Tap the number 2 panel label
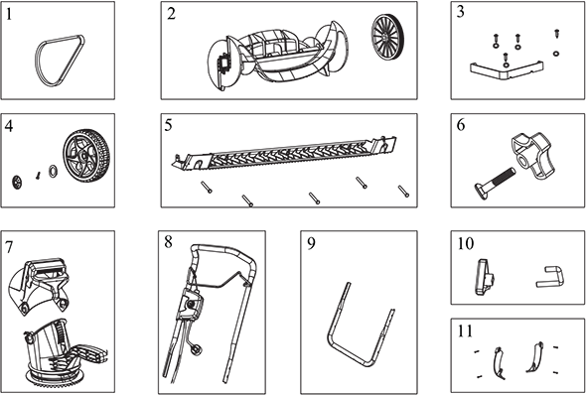coord(171,14)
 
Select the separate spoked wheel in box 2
coord(385,36)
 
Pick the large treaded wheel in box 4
coord(86,156)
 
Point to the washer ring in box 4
coord(53,171)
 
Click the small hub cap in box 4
coord(17,182)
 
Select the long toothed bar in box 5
coord(284,154)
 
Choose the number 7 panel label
coord(9,246)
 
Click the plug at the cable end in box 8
coord(197,349)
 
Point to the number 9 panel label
coord(311,243)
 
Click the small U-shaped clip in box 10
coord(551,277)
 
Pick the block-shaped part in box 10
coord(485,277)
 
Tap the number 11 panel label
coord(465,331)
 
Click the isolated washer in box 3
coord(556,54)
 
